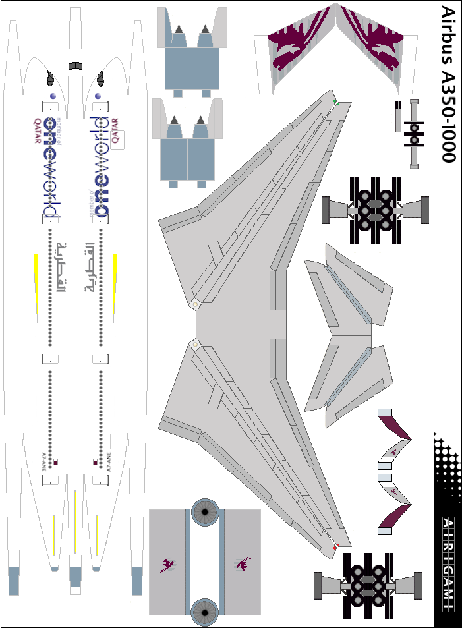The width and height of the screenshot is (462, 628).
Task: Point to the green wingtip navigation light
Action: (335, 102)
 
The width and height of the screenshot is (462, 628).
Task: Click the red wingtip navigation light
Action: (335, 548)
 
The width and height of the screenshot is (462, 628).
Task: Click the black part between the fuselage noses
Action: (75, 65)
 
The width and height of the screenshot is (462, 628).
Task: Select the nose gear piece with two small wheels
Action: (413, 132)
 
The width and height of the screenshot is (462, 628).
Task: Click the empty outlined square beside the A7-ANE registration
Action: (117, 441)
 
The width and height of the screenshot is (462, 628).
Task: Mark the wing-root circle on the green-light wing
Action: (195, 304)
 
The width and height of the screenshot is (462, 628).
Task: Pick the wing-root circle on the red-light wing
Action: (194, 345)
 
